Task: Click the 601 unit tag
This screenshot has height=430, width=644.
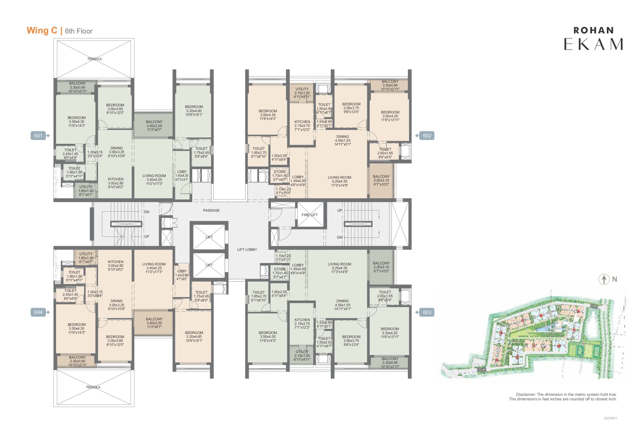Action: click(x=38, y=136)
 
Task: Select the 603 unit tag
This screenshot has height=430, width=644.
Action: click(x=427, y=312)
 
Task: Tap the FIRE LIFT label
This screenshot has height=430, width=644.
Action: click(x=309, y=215)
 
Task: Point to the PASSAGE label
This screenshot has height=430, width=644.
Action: click(x=211, y=210)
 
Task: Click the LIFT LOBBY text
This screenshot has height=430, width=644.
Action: click(x=247, y=250)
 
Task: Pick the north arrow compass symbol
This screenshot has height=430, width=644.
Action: click(x=604, y=279)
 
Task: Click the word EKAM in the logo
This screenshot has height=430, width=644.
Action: click(x=593, y=44)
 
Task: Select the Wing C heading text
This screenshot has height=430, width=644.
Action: click(x=42, y=30)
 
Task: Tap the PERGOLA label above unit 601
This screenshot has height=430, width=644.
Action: click(x=95, y=59)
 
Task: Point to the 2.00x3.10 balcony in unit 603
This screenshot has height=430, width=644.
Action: click(x=381, y=267)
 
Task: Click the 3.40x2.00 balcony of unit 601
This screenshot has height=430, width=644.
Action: click(x=154, y=126)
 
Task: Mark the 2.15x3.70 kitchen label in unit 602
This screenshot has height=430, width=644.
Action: click(x=302, y=126)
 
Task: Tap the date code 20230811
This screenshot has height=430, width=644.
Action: click(x=611, y=418)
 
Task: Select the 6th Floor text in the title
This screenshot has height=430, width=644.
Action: click(x=79, y=31)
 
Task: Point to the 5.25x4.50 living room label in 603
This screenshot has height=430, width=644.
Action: click(x=339, y=268)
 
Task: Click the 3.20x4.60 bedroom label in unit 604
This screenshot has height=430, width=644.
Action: click(x=194, y=337)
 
